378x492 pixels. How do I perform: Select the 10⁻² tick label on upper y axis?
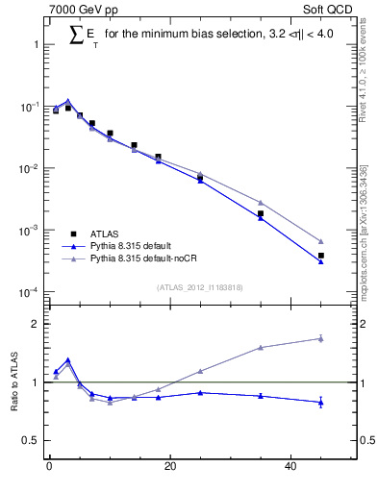point(28,169)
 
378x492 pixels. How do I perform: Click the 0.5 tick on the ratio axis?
point(31,440)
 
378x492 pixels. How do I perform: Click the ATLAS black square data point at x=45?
point(321,256)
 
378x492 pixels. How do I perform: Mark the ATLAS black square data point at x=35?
point(261,213)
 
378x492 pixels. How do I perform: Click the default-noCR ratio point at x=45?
point(321,338)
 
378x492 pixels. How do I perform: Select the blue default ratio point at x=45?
point(321,402)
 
